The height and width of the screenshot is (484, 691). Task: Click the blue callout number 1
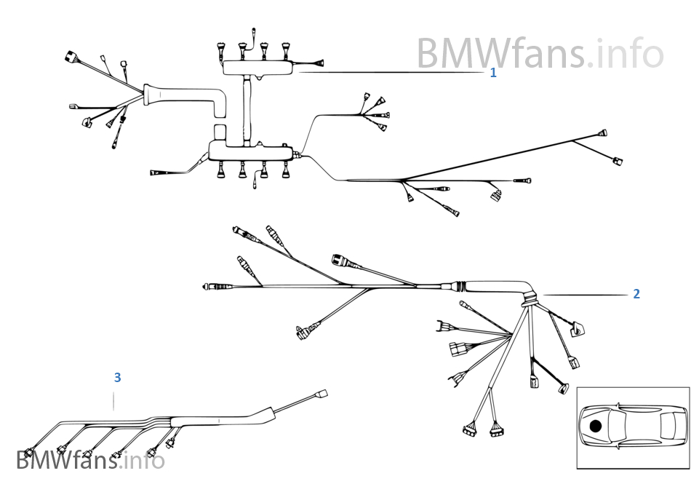pyautogui.click(x=493, y=73)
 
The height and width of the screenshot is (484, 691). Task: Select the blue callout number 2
pyautogui.click(x=636, y=294)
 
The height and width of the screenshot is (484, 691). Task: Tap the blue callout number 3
pyautogui.click(x=117, y=378)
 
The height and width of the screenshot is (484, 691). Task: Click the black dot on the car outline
pyautogui.click(x=596, y=426)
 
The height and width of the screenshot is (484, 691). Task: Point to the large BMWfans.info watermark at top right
pyautogui.click(x=540, y=53)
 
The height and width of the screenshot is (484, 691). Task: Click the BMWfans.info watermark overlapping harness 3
pyautogui.click(x=90, y=460)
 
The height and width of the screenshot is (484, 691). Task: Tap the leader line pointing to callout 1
pyautogui.click(x=393, y=73)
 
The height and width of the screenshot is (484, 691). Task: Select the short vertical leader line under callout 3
pyautogui.click(x=114, y=400)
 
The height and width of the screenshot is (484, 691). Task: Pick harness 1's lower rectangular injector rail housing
pyautogui.click(x=251, y=151)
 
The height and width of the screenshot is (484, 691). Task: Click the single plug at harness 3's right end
pyautogui.click(x=321, y=394)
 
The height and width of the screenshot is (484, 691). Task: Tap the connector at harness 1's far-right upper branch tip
pyautogui.click(x=602, y=133)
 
